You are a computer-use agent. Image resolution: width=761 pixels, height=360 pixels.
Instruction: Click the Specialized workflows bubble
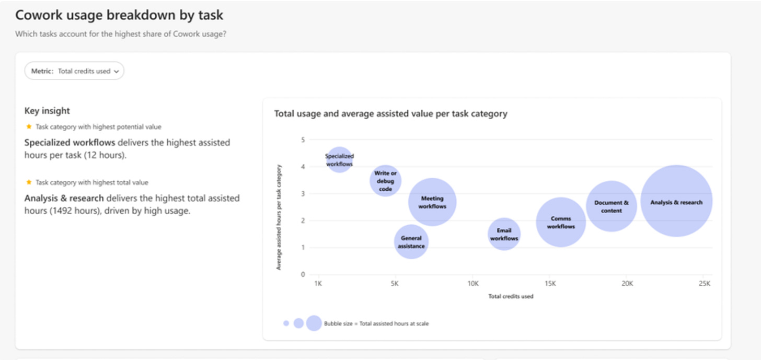click(339, 160)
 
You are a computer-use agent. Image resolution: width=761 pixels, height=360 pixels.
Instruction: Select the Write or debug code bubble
click(385, 181)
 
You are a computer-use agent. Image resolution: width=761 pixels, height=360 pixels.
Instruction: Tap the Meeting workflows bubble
click(432, 202)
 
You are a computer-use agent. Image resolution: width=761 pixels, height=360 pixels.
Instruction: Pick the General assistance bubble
click(411, 242)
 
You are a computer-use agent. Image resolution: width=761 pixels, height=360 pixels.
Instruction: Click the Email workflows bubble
click(504, 234)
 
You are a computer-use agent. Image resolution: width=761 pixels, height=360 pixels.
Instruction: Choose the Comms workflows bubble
click(561, 222)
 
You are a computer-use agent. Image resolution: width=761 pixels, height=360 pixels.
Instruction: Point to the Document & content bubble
click(611, 206)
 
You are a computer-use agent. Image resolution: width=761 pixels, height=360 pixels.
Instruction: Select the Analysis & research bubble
click(676, 201)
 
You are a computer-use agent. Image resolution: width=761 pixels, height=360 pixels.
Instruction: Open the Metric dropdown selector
click(74, 71)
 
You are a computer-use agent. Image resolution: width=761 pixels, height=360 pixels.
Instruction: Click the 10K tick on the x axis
click(473, 284)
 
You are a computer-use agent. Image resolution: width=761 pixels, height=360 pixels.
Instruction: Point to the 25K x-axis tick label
click(705, 284)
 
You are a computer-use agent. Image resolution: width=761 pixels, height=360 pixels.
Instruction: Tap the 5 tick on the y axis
click(303, 140)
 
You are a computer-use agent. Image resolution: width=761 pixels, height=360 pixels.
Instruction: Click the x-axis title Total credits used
click(511, 296)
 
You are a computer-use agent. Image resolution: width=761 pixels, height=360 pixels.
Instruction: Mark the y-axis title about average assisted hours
click(279, 217)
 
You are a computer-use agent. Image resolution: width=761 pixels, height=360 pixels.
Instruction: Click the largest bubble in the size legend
click(314, 323)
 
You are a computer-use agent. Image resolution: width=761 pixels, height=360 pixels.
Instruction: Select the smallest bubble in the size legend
click(286, 323)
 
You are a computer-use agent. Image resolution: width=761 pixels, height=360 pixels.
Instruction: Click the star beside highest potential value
click(29, 126)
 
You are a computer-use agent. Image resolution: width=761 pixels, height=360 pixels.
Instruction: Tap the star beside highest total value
click(29, 182)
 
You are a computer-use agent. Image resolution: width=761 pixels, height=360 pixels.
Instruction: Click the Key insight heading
click(47, 111)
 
